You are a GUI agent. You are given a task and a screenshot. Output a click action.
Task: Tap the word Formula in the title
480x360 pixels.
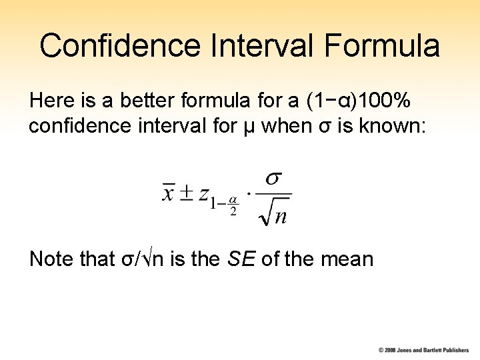pos(384,46)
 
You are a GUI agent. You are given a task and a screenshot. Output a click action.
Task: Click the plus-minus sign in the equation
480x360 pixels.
pos(188,193)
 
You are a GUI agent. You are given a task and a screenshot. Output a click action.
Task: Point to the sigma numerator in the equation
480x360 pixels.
pos(273,178)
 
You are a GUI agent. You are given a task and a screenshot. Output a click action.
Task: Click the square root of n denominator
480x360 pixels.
pos(274,214)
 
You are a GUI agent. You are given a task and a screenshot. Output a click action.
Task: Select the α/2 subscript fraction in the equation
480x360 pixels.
pos(233,206)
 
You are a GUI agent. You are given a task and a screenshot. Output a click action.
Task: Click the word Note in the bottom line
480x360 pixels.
pos(51,259)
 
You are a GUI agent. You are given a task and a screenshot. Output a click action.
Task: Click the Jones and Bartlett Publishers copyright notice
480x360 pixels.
pos(424,350)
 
